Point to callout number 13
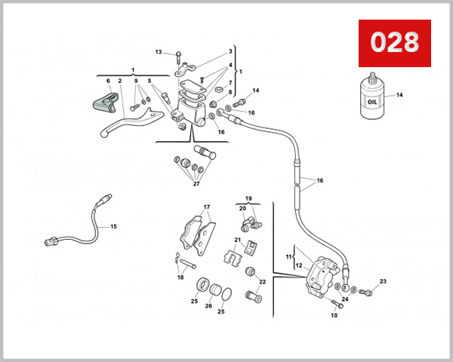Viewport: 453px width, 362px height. point(159,52)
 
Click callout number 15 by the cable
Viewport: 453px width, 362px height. point(113,226)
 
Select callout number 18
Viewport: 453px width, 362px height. point(180,278)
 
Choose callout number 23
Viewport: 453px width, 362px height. point(383,281)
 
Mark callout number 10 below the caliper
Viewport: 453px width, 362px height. point(333,315)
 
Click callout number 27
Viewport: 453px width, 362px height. point(196,183)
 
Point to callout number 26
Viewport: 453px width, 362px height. point(208,305)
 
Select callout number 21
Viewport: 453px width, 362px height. point(236,241)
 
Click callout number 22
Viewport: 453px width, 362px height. point(263,281)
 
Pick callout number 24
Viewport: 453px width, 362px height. point(344,299)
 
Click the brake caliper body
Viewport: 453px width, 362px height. point(322,275)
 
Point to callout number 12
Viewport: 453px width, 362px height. point(297,265)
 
